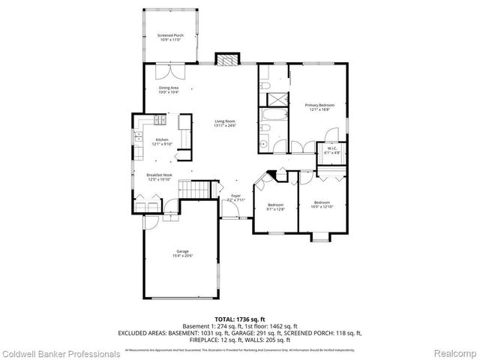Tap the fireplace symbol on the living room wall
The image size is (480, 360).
pyautogui.click(x=225, y=59)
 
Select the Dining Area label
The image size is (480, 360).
pyautogui.click(x=168, y=88)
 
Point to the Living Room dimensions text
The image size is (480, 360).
pyautogui.click(x=225, y=125)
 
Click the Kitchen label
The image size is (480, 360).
pyautogui.click(x=162, y=140)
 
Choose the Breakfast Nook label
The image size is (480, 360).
pyautogui.click(x=161, y=176)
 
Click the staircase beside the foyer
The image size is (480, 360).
pyautogui.click(x=193, y=190)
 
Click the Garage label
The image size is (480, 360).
pyautogui.click(x=182, y=251)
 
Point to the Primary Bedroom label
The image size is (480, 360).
pyautogui.click(x=319, y=106)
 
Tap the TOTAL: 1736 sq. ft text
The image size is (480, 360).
pyautogui.click(x=239, y=319)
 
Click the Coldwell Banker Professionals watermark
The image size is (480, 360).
pyautogui.click(x=60, y=353)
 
